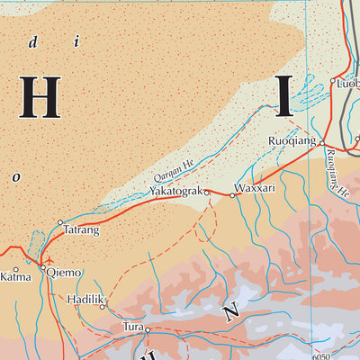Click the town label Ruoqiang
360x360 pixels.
click(292, 142)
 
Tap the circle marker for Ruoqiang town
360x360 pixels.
click(321, 142)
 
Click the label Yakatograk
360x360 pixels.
click(175, 191)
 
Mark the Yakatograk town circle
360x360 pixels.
click(205, 193)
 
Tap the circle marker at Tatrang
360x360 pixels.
click(60, 221)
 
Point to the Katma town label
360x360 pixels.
click(15, 276)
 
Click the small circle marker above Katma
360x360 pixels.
click(15, 265)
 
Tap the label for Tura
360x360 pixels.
click(134, 329)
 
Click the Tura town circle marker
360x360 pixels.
click(148, 330)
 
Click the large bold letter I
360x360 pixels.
click(283, 97)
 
